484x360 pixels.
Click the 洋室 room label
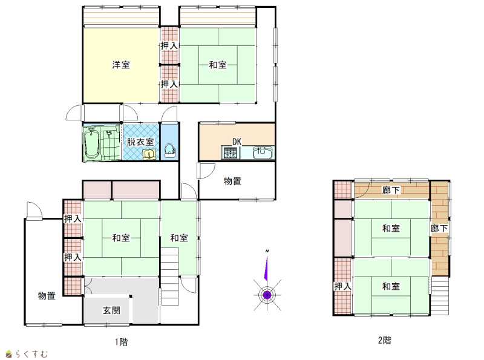(x=121, y=65)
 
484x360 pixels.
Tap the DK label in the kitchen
(x=237, y=142)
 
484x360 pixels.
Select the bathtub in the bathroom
(x=91, y=144)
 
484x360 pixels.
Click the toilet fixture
(x=169, y=151)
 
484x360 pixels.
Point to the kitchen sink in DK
(x=263, y=152)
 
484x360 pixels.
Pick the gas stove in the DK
(x=231, y=153)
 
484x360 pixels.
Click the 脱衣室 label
(x=140, y=142)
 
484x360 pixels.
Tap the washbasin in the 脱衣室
(x=149, y=154)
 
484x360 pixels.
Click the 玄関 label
(x=111, y=310)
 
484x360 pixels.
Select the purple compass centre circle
(x=267, y=295)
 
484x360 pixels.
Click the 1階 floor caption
(x=122, y=342)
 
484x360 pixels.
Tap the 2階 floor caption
(x=385, y=340)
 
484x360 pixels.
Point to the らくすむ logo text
(x=31, y=354)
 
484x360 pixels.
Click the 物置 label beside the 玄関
(x=47, y=296)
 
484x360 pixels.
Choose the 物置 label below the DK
(x=232, y=181)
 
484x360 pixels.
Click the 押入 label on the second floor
(x=342, y=286)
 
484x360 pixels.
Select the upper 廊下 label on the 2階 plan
(x=391, y=190)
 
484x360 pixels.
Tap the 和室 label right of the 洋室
(x=218, y=65)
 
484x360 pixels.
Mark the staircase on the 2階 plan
(x=440, y=295)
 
